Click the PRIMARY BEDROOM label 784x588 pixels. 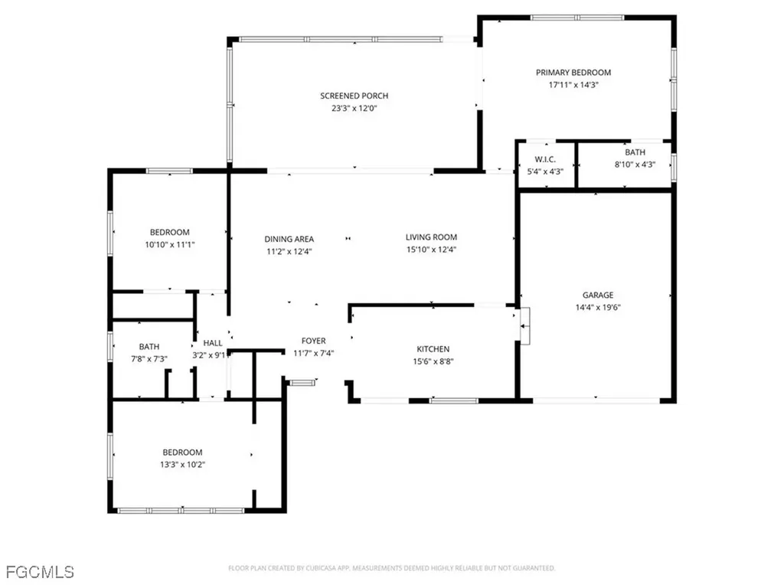pyautogui.click(x=573, y=73)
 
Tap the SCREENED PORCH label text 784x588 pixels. pyautogui.click(x=354, y=96)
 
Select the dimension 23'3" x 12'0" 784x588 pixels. pyautogui.click(x=354, y=109)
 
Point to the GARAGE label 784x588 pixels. pyautogui.click(x=598, y=295)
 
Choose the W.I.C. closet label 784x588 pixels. pyautogui.click(x=544, y=159)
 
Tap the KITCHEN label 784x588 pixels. pyautogui.click(x=433, y=349)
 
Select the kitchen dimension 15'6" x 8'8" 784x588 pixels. pyautogui.click(x=433, y=361)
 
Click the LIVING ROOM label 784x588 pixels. pyautogui.click(x=431, y=237)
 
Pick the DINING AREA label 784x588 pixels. pyautogui.click(x=289, y=239)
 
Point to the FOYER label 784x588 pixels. pyautogui.click(x=314, y=341)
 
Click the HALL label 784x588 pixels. pyautogui.click(x=212, y=343)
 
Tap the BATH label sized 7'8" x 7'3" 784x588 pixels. pyautogui.click(x=149, y=347)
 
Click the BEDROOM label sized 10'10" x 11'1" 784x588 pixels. pyautogui.click(x=169, y=232)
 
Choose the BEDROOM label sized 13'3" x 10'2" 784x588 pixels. pyautogui.click(x=182, y=452)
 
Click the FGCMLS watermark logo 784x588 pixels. pyautogui.click(x=39, y=571)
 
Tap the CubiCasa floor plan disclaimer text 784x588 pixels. pyautogui.click(x=391, y=568)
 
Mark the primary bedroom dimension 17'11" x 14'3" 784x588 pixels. pyautogui.click(x=573, y=85)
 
